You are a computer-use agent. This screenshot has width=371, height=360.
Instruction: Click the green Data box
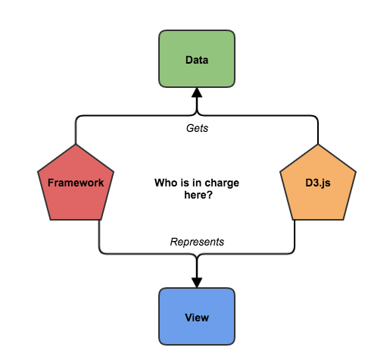coord(197,59)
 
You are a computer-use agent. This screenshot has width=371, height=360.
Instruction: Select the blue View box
coord(197,317)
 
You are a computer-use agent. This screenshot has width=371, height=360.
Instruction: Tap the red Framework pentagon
coord(76,183)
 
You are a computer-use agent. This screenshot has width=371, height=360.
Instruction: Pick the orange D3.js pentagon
coord(318,183)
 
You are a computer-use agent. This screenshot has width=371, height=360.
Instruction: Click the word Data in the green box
coord(197,60)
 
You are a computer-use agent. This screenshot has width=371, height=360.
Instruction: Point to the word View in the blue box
coord(197,318)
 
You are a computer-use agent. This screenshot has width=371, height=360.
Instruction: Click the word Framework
coord(76,183)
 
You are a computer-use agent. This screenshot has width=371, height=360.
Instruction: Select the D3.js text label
coord(318,183)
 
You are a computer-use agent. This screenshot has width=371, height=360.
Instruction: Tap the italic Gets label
coord(197,128)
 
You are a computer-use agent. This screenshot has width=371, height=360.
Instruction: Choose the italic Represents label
coord(197,242)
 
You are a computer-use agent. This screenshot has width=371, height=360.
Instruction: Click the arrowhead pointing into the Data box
coord(197,92)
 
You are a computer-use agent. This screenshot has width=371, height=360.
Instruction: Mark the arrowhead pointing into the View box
coord(197,283)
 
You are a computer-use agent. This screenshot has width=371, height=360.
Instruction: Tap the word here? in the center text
coord(198,195)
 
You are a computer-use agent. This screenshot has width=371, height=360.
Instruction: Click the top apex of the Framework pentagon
coord(76,144)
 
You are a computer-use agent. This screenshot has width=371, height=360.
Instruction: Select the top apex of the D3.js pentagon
coord(318,144)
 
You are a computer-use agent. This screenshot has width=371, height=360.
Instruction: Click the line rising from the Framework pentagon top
coord(76,130)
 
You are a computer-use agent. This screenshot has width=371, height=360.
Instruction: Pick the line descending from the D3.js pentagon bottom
coord(295,236)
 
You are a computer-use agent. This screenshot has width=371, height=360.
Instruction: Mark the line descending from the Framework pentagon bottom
coord(99,236)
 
